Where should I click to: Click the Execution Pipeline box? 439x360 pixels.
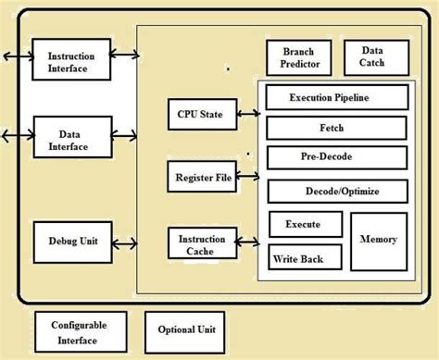[x=336, y=97]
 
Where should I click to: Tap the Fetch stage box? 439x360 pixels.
[x=336, y=127]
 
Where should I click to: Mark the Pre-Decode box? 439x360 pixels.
[x=336, y=158]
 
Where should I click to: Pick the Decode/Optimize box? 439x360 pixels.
[x=336, y=192]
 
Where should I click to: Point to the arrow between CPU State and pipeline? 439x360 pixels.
[x=247, y=115]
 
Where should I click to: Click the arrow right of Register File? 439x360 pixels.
[x=247, y=174]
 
